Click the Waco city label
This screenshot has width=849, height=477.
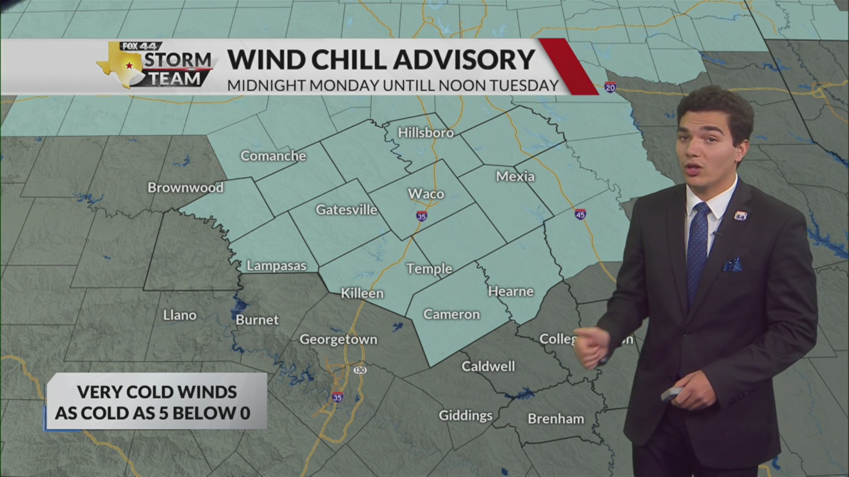[x=426, y=194]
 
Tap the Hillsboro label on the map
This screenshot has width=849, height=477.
[x=425, y=133]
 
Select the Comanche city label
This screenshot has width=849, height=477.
[x=273, y=156]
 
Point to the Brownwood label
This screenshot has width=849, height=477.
[x=185, y=188]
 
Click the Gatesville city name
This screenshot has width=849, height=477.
[x=346, y=210]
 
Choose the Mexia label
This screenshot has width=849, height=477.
[x=515, y=177]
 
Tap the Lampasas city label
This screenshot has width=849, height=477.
[x=276, y=266]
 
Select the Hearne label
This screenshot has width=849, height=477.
[x=511, y=291]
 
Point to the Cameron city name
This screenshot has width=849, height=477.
[x=451, y=314]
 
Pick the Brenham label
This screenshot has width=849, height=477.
[x=556, y=419]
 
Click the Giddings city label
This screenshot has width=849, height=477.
[x=465, y=416]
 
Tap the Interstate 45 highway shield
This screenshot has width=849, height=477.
[x=580, y=214]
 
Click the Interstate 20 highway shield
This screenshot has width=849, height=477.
[x=610, y=87]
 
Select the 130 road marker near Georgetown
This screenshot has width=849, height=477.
[x=360, y=370]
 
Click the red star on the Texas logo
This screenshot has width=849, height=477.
[x=129, y=65]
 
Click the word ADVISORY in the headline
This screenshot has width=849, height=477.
[x=464, y=60]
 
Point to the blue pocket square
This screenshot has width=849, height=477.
[x=732, y=265]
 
